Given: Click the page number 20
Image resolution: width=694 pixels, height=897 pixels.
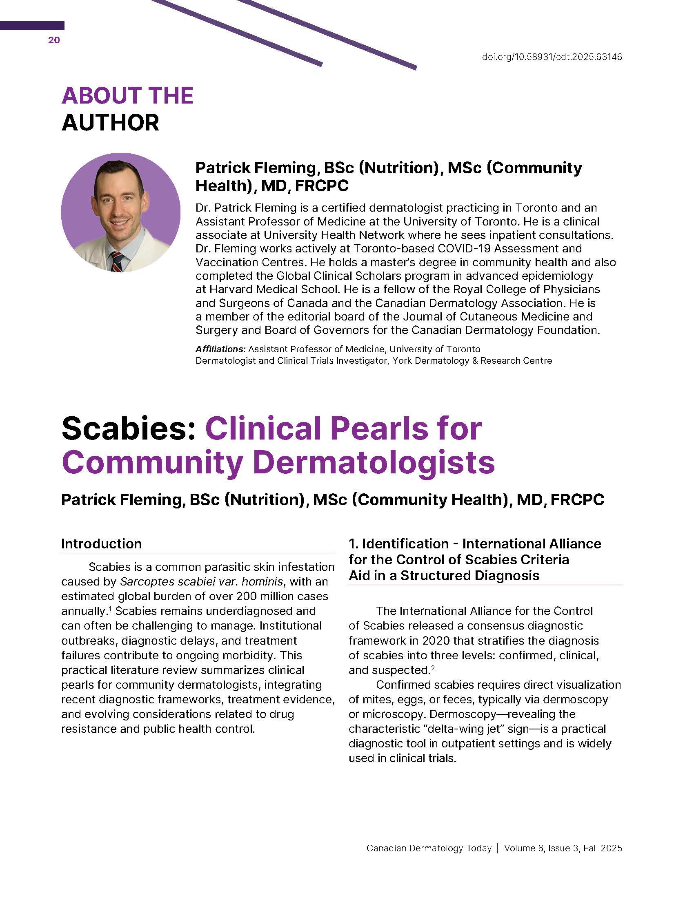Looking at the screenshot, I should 54,40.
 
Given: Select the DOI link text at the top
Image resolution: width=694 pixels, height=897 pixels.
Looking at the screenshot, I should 552,57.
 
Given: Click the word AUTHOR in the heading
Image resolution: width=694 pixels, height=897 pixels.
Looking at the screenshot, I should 110,123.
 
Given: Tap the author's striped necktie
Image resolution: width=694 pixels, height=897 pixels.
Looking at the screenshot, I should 117,262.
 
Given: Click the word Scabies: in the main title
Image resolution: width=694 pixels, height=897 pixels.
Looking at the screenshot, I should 128,429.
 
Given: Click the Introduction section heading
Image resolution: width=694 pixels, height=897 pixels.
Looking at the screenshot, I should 102,544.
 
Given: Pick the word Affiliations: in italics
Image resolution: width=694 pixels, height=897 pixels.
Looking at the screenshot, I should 220,349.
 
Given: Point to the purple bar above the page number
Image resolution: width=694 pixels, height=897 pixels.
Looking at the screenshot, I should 32,25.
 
